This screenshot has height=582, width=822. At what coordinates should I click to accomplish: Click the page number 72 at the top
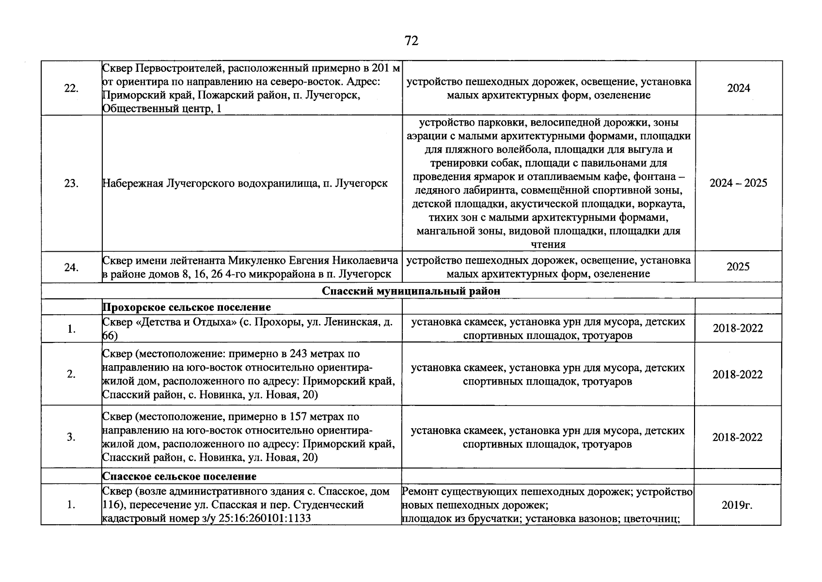click(x=411, y=41)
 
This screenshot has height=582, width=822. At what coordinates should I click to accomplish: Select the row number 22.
click(x=71, y=88)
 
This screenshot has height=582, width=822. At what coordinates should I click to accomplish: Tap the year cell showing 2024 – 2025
click(x=738, y=183)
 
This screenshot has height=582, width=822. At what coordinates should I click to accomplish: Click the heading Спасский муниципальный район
click(x=411, y=291)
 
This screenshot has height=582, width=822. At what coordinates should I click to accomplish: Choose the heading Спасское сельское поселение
click(x=179, y=476)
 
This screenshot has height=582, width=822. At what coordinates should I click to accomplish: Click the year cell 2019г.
click(x=737, y=505)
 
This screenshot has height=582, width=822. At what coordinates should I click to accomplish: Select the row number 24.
click(x=71, y=267)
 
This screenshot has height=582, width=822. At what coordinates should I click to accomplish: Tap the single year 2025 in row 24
click(x=738, y=267)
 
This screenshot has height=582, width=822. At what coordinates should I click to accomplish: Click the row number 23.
click(x=71, y=183)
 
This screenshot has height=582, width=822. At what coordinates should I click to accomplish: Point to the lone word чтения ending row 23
click(x=548, y=244)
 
